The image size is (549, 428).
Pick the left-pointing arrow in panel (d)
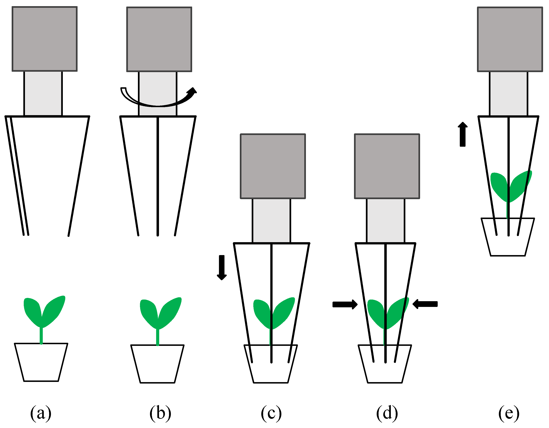click(425, 304)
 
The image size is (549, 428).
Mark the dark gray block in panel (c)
click(273, 166)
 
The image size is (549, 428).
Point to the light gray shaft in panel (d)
click(386, 220)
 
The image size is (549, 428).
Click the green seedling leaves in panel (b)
click(160, 312)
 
